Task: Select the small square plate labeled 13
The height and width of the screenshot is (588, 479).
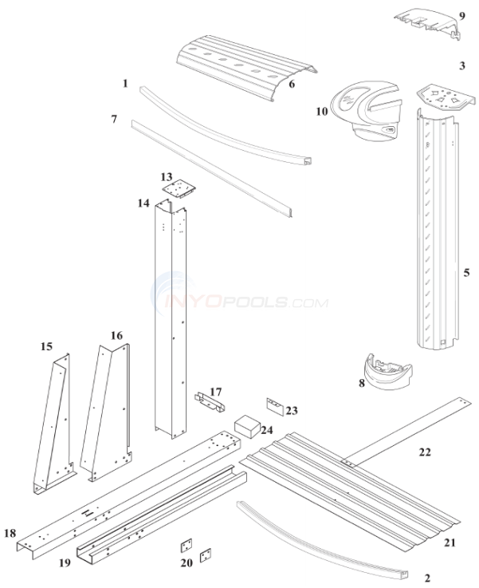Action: click(180, 190)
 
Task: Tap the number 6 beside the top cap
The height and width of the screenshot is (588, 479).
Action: click(292, 83)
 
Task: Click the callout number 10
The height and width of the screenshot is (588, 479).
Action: click(321, 112)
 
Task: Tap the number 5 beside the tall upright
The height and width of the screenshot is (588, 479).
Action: click(467, 272)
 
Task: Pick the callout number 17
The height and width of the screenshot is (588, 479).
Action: click(215, 392)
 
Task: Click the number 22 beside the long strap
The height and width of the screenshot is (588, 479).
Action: click(424, 452)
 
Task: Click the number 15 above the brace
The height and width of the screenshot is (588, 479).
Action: click(46, 346)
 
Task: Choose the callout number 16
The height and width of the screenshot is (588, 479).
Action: click(116, 335)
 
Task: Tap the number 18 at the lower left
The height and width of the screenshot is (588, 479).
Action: click(10, 532)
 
